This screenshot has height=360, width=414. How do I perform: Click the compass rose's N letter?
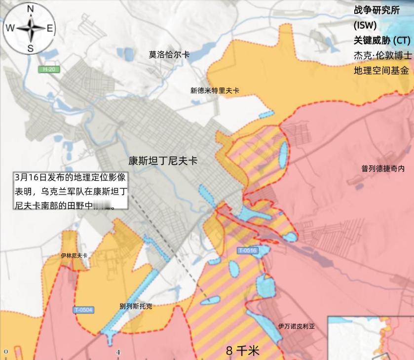point(31,8)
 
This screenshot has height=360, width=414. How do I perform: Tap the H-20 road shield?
point(49,70)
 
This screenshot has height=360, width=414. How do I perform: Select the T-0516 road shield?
point(248,250)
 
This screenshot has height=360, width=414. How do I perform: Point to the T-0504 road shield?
point(83,310)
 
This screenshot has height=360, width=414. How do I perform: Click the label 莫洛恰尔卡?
point(169,55)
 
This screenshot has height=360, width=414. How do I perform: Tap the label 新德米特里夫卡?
point(215,90)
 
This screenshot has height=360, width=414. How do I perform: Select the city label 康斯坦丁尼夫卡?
point(163,160)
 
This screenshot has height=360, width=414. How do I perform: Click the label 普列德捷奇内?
point(383,168)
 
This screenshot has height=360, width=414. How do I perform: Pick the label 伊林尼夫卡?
point(74,255)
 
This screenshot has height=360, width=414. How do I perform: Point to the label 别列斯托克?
point(136,306)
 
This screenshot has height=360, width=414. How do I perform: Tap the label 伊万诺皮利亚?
point(296,326)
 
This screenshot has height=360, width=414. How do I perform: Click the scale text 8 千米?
point(242,351)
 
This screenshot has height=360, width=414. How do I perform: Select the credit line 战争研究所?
point(376,10)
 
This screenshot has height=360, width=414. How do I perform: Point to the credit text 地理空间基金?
point(381,71)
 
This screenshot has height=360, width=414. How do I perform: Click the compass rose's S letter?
point(31,48)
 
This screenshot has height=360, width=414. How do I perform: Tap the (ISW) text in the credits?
point(365,25)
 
